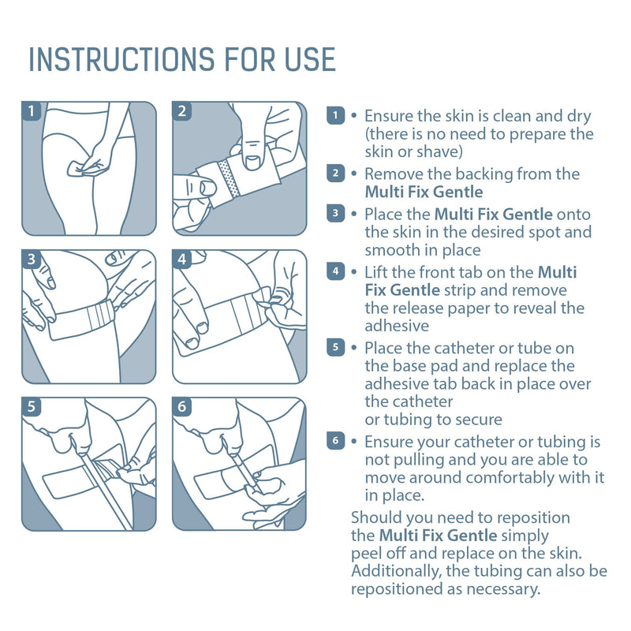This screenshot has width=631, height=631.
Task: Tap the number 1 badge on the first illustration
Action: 32,111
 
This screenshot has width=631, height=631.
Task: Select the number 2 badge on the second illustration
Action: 182,111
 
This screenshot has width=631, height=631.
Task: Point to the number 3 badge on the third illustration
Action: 32,259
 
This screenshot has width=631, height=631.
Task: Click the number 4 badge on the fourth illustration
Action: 182,259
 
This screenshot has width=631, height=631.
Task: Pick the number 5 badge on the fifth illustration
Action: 32,407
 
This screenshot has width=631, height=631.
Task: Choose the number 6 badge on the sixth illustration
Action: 182,407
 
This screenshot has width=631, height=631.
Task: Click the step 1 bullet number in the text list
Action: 335,116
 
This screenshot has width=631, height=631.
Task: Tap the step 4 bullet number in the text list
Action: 335,272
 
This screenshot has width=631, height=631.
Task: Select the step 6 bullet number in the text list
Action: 335,442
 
